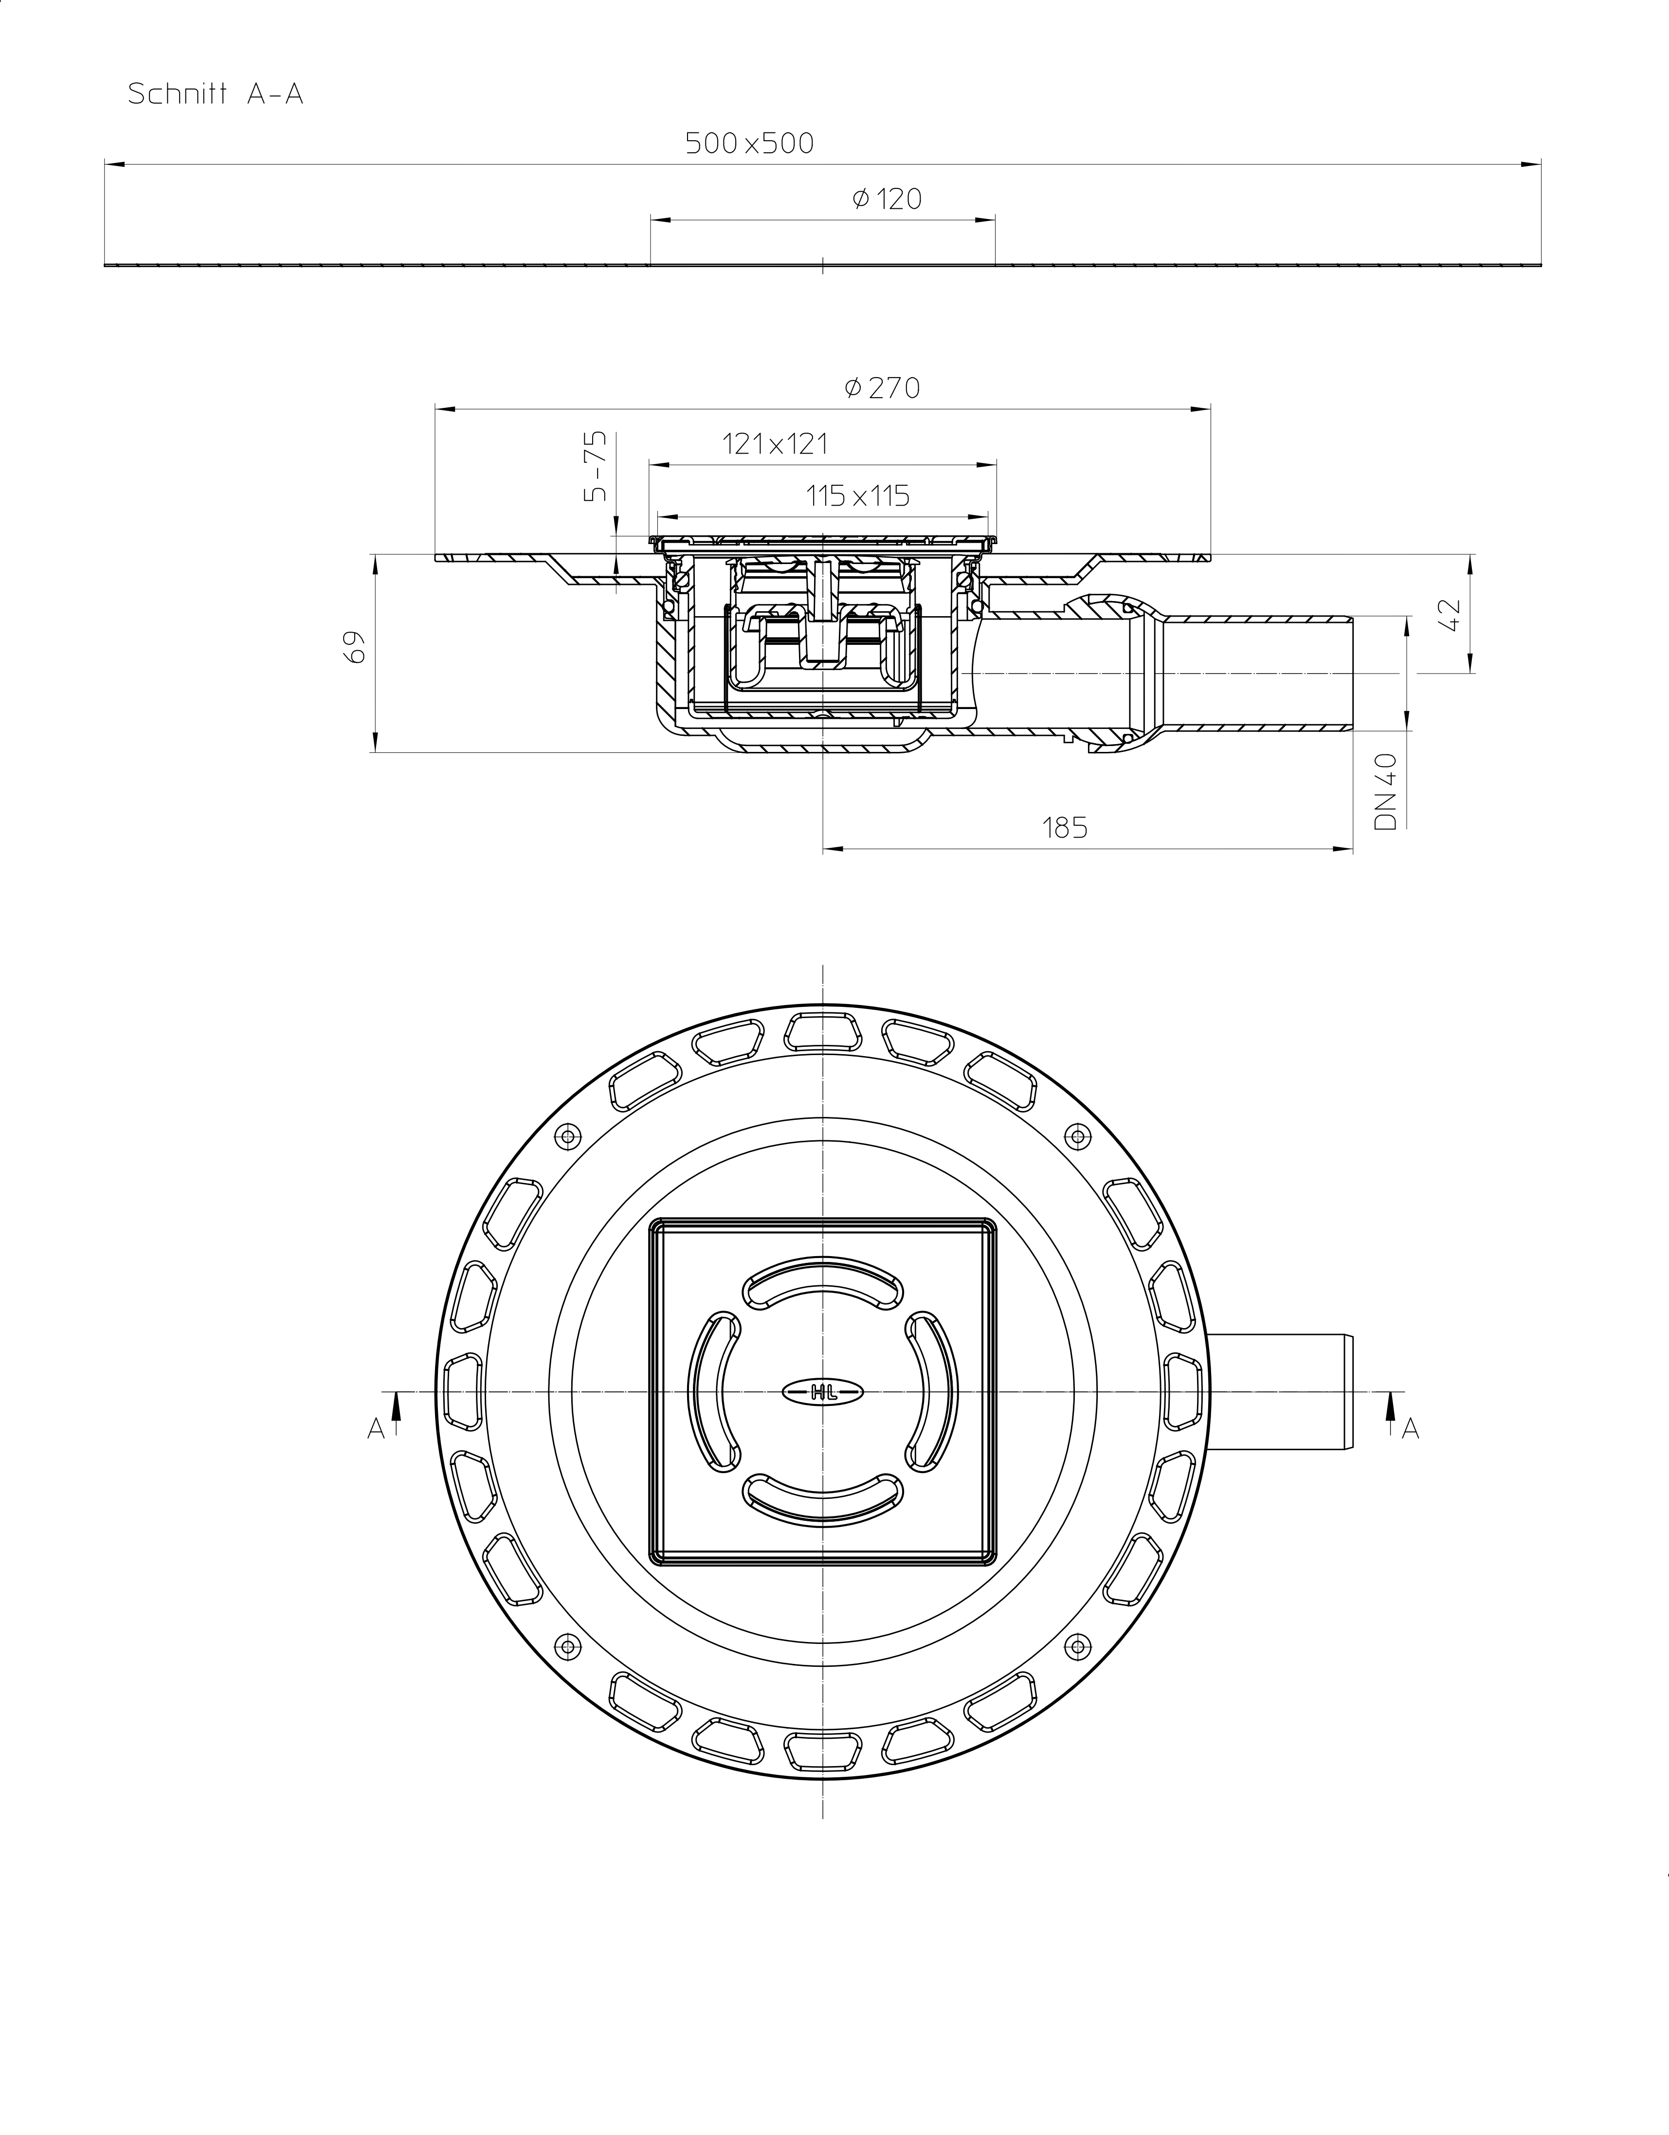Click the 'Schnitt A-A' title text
click(216, 95)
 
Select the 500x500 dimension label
click(749, 144)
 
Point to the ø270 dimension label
click(882, 388)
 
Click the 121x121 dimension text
click(775, 445)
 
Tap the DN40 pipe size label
click(1386, 792)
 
